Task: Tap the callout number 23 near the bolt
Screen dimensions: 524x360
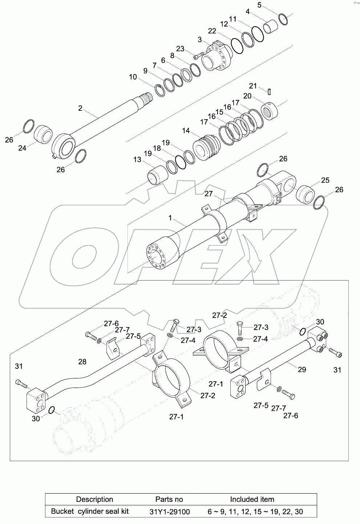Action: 180,49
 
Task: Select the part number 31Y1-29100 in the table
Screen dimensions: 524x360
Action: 169,512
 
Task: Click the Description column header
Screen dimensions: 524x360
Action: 94,499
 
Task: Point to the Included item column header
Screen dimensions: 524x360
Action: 252,499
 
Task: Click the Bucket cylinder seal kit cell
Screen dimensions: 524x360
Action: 90,512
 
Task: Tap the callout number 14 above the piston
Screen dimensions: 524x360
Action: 186,130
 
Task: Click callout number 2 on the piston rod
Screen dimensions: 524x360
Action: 80,108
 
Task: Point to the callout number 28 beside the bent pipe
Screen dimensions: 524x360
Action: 82,361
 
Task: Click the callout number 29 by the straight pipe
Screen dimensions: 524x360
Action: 302,370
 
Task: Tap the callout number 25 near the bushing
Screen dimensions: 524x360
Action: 325,180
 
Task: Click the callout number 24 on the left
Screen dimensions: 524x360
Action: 22,148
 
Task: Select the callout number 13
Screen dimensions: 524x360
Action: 137,160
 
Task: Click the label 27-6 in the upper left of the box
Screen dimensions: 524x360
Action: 111,323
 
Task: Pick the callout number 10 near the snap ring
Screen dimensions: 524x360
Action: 133,77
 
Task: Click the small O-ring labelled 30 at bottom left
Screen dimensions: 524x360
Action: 52,410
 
